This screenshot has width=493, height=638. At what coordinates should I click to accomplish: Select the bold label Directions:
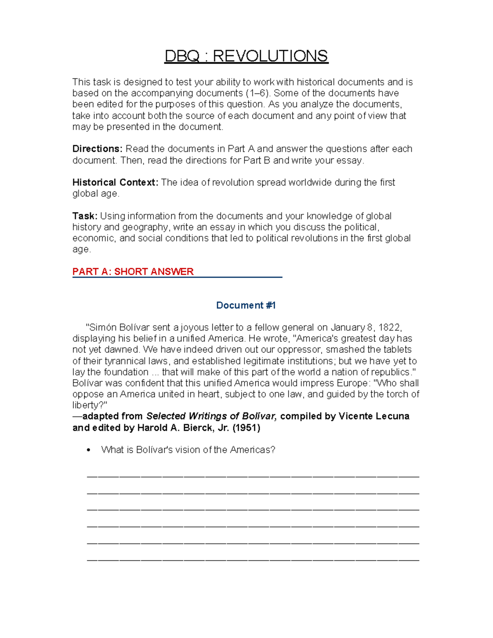(x=97, y=149)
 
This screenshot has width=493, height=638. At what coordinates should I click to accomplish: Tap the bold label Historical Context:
(x=115, y=182)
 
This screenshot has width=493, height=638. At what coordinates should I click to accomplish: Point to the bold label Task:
(x=85, y=216)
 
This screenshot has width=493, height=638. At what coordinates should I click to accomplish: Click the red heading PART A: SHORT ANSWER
(x=133, y=272)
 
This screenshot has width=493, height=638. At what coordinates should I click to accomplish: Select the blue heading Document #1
(x=246, y=305)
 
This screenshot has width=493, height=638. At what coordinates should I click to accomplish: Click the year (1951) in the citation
(x=246, y=428)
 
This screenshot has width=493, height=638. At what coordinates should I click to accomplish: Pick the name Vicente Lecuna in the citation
(x=373, y=416)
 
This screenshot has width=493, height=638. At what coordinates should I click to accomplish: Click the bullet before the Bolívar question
(x=88, y=450)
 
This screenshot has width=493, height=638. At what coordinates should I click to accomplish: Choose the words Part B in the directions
(x=257, y=160)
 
